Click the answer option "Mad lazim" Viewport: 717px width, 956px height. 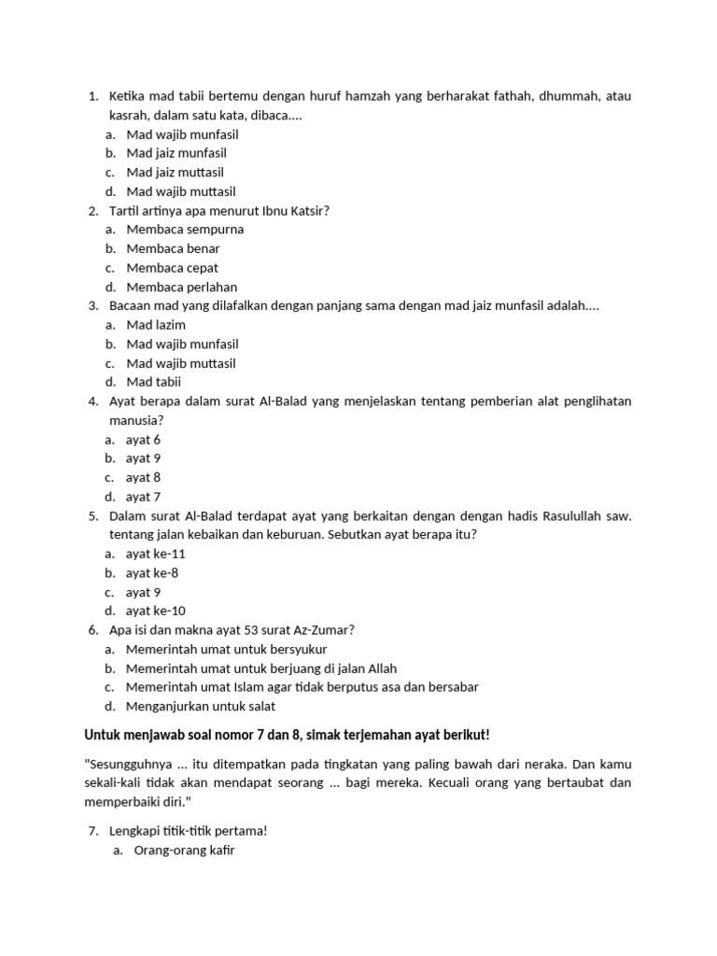pyautogui.click(x=156, y=325)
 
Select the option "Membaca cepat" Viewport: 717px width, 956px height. pyautogui.click(x=172, y=268)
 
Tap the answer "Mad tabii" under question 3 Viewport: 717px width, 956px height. pyautogui.click(x=154, y=382)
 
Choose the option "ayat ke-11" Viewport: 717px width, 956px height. pyautogui.click(x=155, y=554)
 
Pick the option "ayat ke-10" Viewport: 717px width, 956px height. pyautogui.click(x=155, y=611)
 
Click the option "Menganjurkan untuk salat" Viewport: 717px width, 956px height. pyautogui.click(x=201, y=706)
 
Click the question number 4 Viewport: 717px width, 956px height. pyautogui.click(x=92, y=401)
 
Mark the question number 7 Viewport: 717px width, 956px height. pyautogui.click(x=92, y=831)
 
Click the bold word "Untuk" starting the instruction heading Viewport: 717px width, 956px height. pyautogui.click(x=103, y=735)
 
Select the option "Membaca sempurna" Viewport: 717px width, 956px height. pyautogui.click(x=185, y=230)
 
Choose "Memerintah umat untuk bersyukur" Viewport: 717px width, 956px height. pyautogui.click(x=226, y=649)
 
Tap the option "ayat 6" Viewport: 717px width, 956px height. pyautogui.click(x=143, y=440)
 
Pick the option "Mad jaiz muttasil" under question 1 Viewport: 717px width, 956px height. pyautogui.click(x=175, y=173)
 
